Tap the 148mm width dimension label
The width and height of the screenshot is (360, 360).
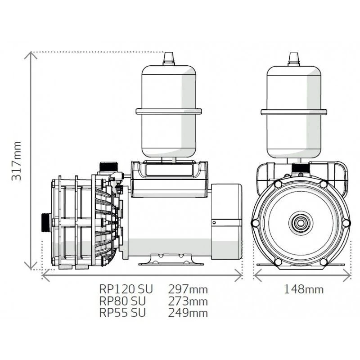(x=303, y=289)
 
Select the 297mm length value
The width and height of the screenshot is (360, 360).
(x=188, y=289)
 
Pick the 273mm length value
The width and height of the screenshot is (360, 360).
(x=188, y=301)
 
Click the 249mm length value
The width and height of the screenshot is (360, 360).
(x=188, y=312)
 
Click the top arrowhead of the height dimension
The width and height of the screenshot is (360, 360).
(x=31, y=55)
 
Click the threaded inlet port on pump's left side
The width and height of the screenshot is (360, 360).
(x=46, y=222)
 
